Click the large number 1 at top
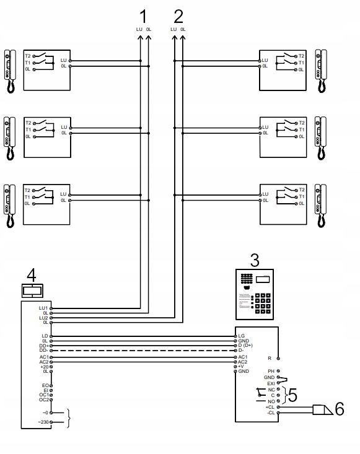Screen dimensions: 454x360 (144, 15)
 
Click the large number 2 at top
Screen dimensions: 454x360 (178, 15)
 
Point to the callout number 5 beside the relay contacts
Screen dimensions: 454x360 (292, 394)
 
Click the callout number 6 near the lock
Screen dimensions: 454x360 (338, 409)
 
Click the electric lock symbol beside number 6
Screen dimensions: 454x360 (322, 409)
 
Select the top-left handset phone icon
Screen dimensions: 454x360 (10, 71)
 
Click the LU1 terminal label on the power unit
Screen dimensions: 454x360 (43, 308)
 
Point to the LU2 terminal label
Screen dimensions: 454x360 (43, 318)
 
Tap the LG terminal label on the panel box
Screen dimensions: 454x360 (242, 336)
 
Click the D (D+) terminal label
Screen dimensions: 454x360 (247, 346)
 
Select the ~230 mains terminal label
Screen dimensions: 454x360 (43, 422)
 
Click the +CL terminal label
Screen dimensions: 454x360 (270, 407)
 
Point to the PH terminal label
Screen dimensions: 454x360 (271, 371)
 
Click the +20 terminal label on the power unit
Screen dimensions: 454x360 (43, 367)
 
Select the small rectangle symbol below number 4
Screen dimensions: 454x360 (32, 290)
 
